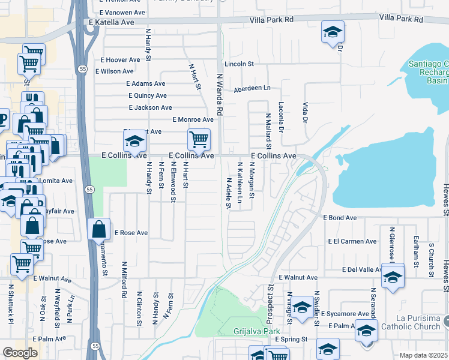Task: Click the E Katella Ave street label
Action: (x=111, y=22)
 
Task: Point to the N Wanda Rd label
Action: (x=219, y=94)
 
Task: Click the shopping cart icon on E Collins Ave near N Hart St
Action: (x=199, y=140)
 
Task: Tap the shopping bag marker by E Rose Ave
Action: (x=98, y=230)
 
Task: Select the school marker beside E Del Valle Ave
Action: (x=393, y=277)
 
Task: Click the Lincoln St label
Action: (x=240, y=63)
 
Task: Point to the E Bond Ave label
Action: (x=340, y=218)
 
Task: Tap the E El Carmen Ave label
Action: (x=352, y=241)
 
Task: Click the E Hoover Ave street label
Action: (x=120, y=59)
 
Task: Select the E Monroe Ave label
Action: (x=193, y=119)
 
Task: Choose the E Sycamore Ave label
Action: (x=345, y=314)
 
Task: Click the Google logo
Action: (x=20, y=353)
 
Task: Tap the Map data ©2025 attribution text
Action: (x=424, y=356)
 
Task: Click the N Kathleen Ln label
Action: (x=240, y=182)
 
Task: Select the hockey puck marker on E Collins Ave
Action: (x=135, y=143)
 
